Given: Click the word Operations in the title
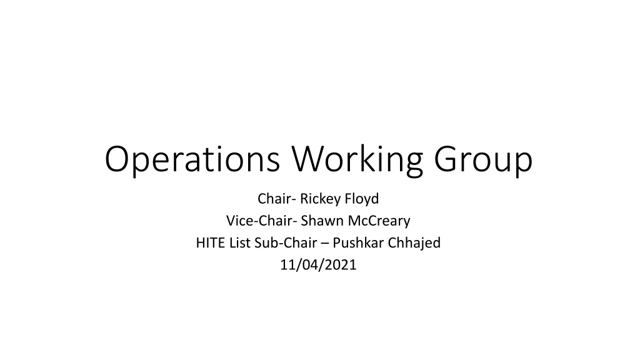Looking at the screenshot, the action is pos(192,159).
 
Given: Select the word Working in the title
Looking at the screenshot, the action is pos(357,159).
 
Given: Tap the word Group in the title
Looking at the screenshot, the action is pos(483,159).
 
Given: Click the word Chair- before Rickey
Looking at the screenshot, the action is pos(277,199).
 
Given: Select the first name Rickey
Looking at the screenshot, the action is pos(321,199).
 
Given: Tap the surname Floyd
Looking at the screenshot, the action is pos(362,199).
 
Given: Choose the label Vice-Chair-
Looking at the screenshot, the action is pos(262,221).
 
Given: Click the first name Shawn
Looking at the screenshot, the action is pos(322,221).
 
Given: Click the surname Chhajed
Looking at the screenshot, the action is pos(414,244).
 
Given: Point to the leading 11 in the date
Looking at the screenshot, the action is pos(287,265).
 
